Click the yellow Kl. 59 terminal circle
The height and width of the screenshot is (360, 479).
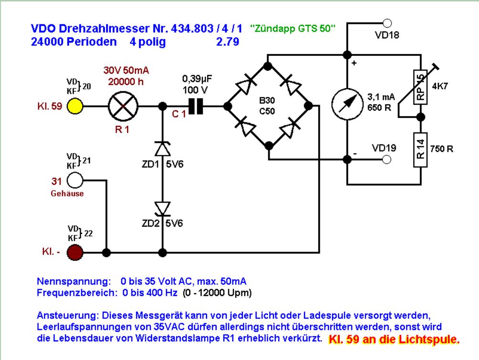75,106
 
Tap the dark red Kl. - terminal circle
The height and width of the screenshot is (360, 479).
75,252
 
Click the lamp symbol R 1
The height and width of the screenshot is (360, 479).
123,106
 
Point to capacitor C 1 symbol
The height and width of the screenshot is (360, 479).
195,106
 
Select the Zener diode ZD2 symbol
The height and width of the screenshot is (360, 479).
163,208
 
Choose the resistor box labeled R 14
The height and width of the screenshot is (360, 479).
421,149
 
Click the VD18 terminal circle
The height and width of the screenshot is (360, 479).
388,23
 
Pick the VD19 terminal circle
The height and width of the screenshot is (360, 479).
388,160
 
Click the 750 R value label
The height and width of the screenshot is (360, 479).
442,149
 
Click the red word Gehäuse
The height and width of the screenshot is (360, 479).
67,194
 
